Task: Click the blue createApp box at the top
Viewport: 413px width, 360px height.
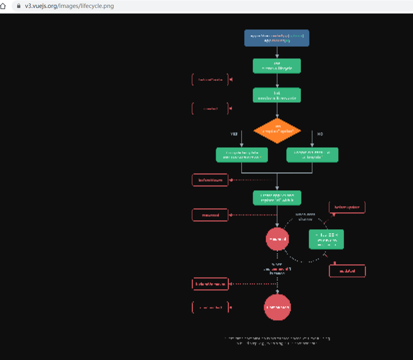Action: (277, 38)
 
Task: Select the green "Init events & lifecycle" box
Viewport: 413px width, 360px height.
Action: (277, 66)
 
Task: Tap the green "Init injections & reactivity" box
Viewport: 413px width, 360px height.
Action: (277, 95)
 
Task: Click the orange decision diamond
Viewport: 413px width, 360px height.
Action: (277, 130)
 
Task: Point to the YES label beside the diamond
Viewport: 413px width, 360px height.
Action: (234, 134)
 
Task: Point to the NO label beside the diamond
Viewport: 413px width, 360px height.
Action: (320, 134)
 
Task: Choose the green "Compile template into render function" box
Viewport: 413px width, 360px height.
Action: (242, 155)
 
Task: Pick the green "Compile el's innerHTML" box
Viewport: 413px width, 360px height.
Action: (312, 155)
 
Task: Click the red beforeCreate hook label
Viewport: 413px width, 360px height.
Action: (210, 80)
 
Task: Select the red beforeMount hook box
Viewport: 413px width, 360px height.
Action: (210, 180)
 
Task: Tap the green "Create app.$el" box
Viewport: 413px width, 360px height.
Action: (277, 198)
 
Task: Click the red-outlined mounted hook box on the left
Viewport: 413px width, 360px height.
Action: (210, 215)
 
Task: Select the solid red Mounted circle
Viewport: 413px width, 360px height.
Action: (277, 239)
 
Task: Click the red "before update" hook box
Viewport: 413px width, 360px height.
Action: (347, 207)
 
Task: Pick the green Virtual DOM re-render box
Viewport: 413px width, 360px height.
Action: (326, 239)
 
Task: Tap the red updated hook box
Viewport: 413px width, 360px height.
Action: (347, 271)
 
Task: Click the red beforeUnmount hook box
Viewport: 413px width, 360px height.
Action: (210, 284)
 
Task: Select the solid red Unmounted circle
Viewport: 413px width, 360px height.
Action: (277, 307)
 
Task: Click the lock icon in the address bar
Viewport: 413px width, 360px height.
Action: (18, 6)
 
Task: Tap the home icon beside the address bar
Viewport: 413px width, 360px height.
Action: (4, 6)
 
